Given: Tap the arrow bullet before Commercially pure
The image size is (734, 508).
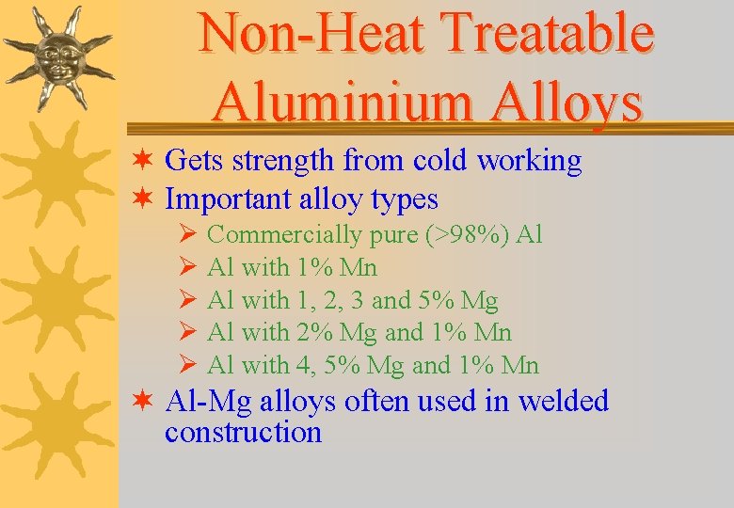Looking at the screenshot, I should click(186, 235).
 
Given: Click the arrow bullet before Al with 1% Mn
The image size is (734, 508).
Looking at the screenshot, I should click(186, 268).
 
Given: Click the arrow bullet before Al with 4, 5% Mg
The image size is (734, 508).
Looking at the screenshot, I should click(186, 365).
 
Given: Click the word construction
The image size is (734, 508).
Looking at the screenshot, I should click(243, 433).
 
